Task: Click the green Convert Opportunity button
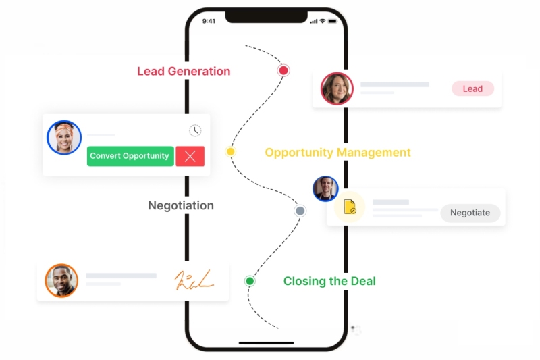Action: click(130, 156)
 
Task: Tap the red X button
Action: click(190, 156)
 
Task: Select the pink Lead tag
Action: click(473, 88)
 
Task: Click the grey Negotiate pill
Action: click(470, 213)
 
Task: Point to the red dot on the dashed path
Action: click(283, 71)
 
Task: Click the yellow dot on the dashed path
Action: click(230, 151)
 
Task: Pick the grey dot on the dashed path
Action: click(300, 211)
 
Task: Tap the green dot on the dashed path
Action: click(250, 281)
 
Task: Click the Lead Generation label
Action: click(184, 72)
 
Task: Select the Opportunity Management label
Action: click(338, 152)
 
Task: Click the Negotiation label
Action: click(181, 205)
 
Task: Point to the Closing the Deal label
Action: click(329, 281)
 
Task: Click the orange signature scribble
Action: click(194, 280)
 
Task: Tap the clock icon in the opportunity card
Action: click(195, 130)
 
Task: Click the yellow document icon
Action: click(350, 207)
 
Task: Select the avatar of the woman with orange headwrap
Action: click(64, 138)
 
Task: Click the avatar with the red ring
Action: click(337, 88)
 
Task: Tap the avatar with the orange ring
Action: click(61, 280)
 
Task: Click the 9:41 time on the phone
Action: click(209, 21)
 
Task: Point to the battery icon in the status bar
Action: click(332, 21)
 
